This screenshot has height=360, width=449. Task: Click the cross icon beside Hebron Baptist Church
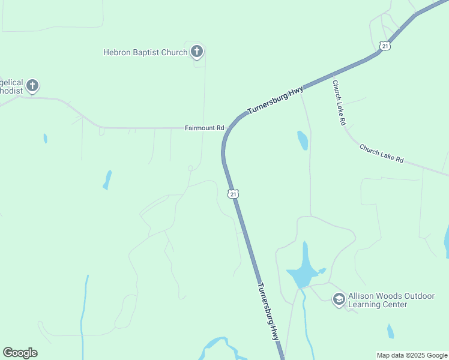tap(197, 52)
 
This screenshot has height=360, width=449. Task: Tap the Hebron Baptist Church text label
tap(145, 52)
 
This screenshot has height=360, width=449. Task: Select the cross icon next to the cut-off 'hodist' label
tap(32, 86)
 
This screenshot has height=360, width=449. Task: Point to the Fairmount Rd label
tap(204, 128)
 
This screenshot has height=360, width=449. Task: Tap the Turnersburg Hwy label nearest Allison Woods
tap(269, 312)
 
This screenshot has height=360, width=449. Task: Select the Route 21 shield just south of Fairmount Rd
tap(233, 193)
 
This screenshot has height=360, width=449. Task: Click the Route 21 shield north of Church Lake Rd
tap(385, 46)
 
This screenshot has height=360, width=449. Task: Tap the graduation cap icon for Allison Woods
tap(339, 299)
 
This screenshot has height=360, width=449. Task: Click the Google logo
tap(20, 353)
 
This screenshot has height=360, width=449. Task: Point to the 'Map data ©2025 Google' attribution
tap(411, 355)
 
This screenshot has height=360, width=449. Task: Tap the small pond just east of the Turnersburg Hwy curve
tap(303, 140)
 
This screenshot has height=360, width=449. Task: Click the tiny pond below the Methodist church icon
tap(46, 139)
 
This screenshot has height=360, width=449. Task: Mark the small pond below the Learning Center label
tap(391, 331)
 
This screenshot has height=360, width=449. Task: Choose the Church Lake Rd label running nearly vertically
tap(339, 103)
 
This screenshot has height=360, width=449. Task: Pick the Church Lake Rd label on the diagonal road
tap(382, 154)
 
